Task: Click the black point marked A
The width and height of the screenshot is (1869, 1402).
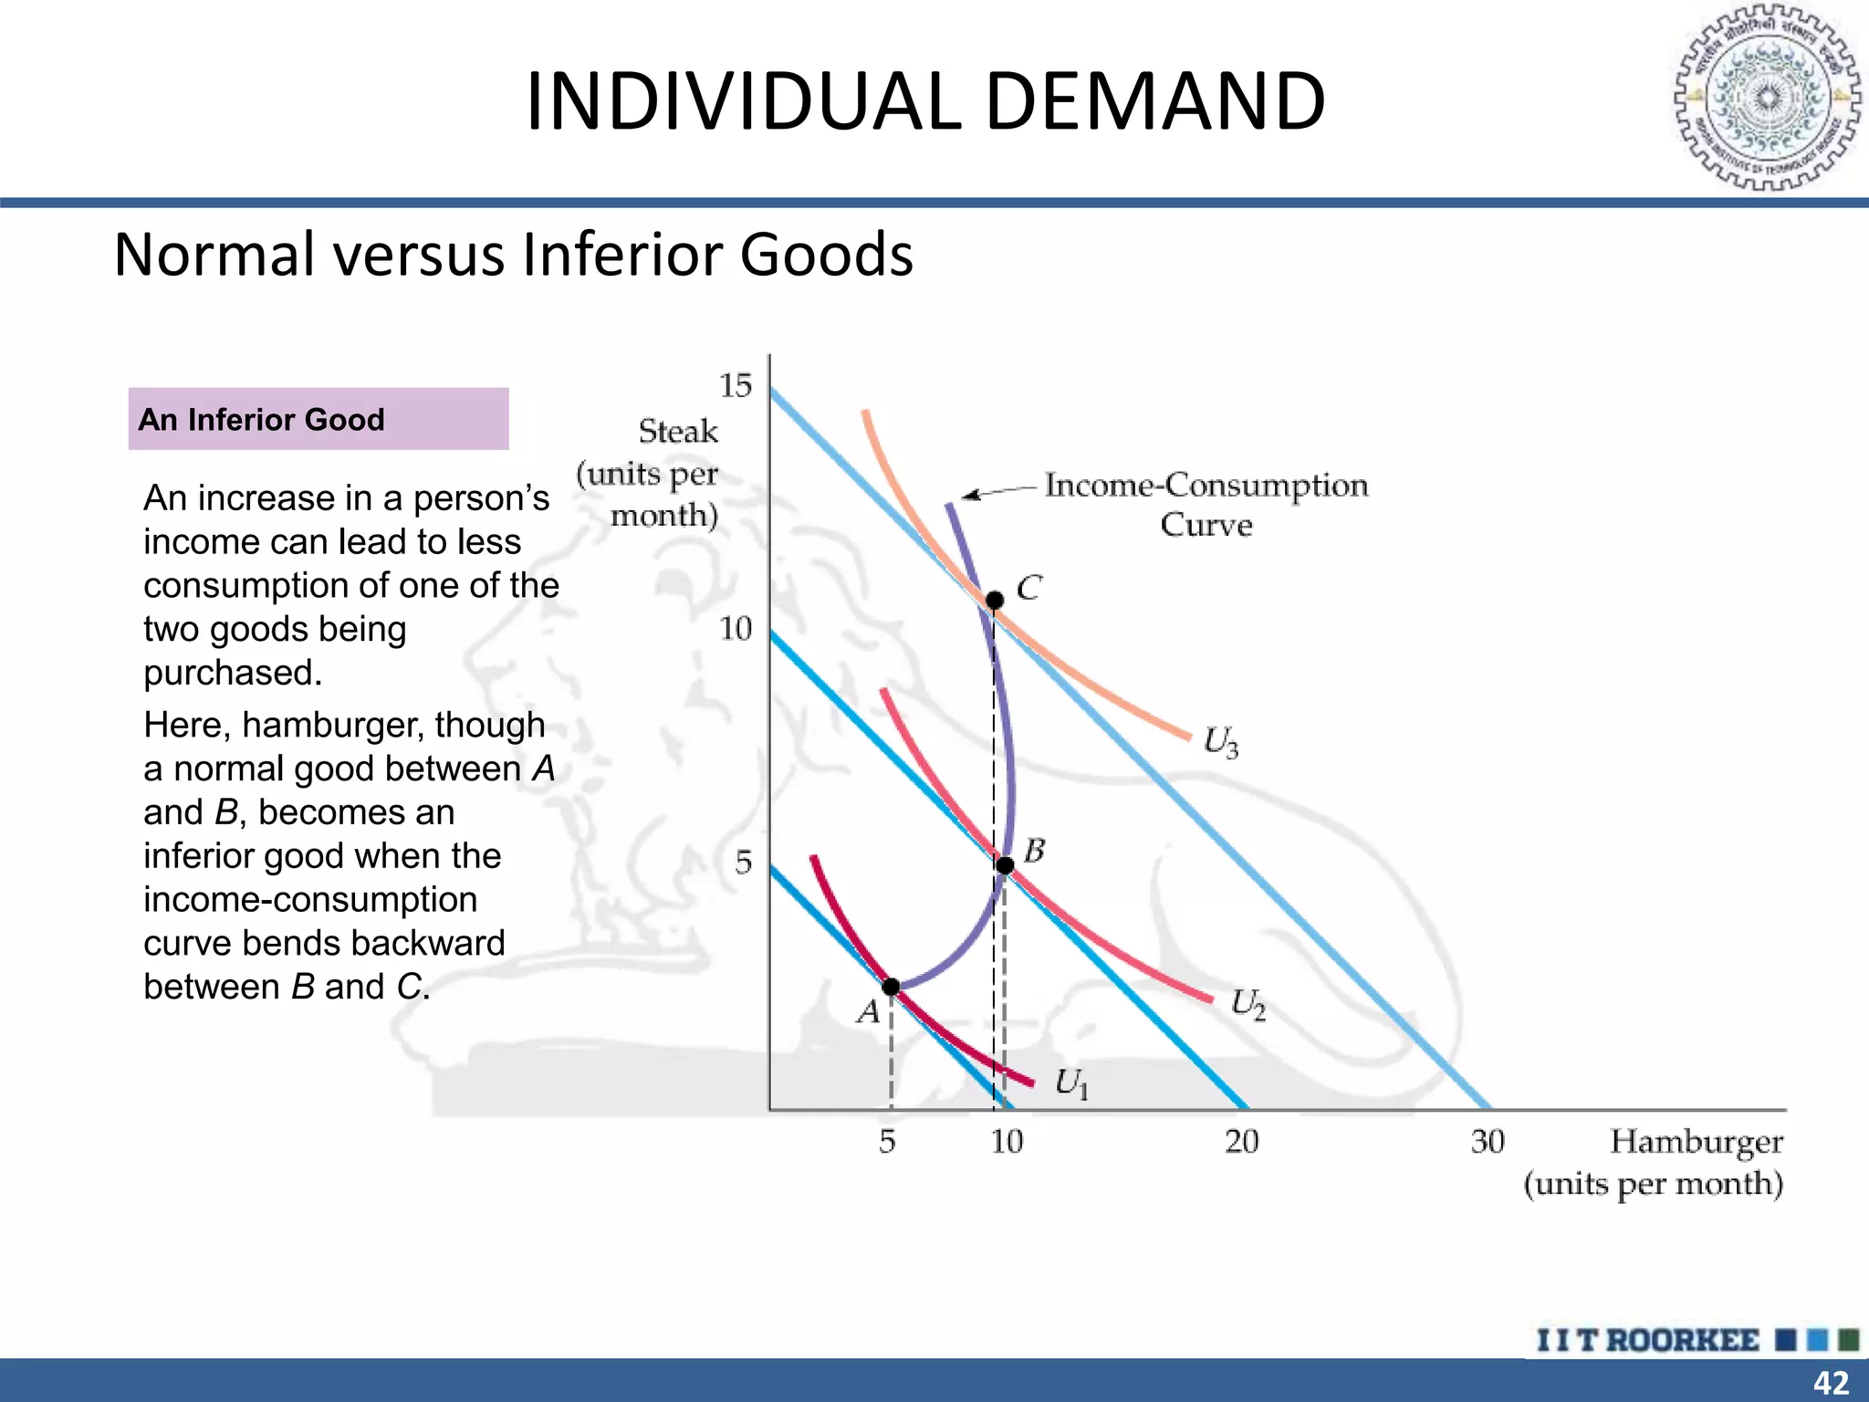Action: [x=891, y=987]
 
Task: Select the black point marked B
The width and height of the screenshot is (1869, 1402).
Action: [x=1005, y=865]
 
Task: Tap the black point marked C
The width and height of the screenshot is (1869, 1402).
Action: [x=995, y=600]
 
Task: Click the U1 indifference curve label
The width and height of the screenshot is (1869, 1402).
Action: [x=1071, y=1083]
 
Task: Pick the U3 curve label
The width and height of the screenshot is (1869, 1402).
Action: [x=1220, y=741]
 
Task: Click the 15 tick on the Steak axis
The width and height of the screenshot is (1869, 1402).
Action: [x=736, y=386]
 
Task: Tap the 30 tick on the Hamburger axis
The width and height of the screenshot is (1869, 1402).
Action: [x=1488, y=1141]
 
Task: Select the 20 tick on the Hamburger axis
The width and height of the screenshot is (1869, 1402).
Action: [x=1241, y=1141]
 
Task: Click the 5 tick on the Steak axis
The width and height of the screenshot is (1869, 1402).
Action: [x=744, y=862]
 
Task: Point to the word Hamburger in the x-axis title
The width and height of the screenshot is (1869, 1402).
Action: [x=1696, y=1142]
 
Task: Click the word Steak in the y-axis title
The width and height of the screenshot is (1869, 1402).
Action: [x=678, y=431]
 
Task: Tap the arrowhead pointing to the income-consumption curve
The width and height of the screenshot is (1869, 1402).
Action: [x=969, y=496]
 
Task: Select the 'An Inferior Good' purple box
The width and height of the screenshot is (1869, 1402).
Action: [x=318, y=419]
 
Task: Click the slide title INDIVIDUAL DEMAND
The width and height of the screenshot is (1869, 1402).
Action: [x=925, y=100]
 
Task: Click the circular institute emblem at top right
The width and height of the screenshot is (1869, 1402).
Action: [x=1766, y=98]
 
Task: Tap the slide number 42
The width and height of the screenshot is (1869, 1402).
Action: [x=1831, y=1383]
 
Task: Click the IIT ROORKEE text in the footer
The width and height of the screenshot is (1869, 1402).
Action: [x=1647, y=1340]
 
